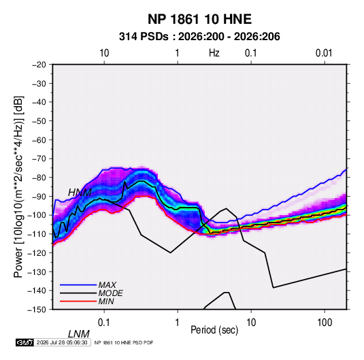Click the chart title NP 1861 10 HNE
199,19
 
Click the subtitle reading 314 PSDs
144,37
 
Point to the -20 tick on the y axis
39,65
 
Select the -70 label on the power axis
39,159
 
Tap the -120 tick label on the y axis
37,253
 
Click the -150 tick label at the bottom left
37,310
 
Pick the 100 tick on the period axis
325,323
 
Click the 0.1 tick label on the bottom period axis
104,323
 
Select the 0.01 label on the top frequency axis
324,53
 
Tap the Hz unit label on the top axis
214,53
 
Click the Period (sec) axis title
214,330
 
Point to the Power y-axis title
18,186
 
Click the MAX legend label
107,285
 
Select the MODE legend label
110,293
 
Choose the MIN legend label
106,301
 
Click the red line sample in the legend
78,301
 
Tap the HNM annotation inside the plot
80,193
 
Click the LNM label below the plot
79,334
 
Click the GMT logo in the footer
24,342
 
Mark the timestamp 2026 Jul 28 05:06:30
62,342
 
